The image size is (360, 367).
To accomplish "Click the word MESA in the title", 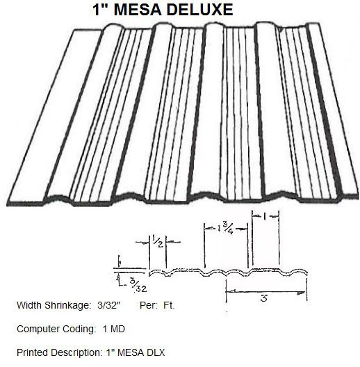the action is click(x=138, y=10).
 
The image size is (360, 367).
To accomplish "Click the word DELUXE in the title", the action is click(x=200, y=10).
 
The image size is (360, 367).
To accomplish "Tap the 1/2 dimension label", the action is click(x=158, y=241).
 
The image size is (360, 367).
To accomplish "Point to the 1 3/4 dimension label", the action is click(x=225, y=228).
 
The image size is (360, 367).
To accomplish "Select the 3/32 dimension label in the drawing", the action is click(x=138, y=286).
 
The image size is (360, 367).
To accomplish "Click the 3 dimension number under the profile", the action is click(x=264, y=298).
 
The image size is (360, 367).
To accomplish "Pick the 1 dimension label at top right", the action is click(x=264, y=217).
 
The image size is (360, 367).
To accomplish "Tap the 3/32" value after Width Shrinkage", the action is click(x=109, y=305).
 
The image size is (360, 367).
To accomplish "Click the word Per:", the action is click(x=149, y=305).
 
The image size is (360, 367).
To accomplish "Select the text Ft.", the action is click(x=169, y=305).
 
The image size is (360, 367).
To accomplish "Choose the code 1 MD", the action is click(x=113, y=329).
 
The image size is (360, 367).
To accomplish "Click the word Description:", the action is click(x=76, y=352).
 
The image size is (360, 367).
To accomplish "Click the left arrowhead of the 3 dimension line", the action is click(x=231, y=291).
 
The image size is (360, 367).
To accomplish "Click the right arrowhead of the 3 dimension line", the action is click(x=301, y=293).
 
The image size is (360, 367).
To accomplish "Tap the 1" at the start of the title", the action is click(x=100, y=10).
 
